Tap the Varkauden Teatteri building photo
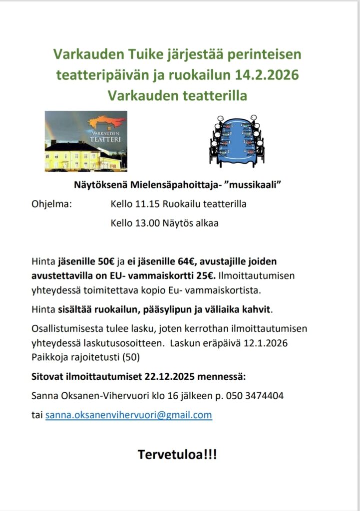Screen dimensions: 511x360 pos(86,141)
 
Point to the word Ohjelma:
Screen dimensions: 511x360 pos(52,204)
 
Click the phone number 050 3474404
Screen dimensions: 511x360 pos(255,396)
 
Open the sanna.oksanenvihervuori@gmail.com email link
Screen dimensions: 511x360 pos(129,415)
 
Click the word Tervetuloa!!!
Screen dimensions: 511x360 pos(177,455)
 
